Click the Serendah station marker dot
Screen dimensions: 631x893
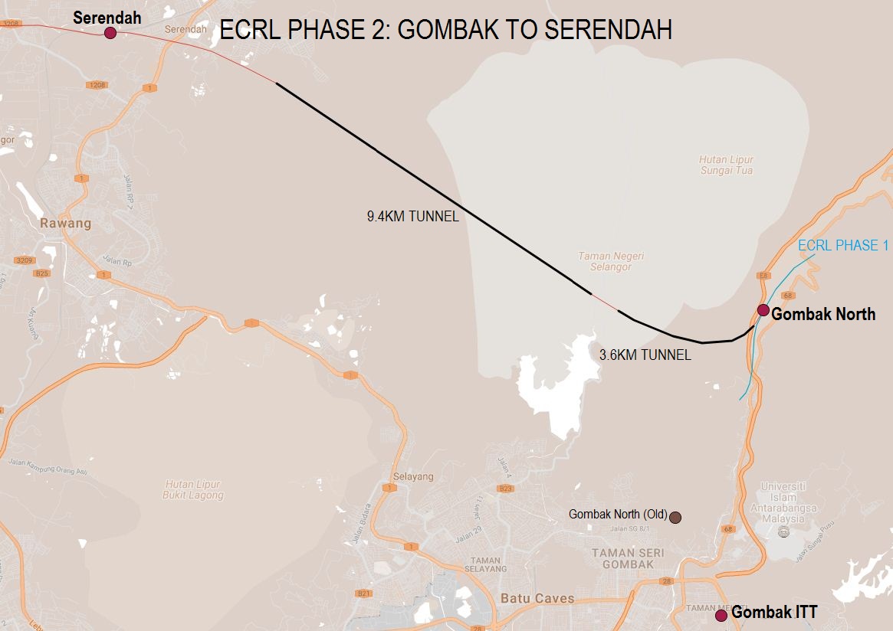[110, 32]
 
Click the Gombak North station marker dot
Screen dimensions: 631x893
[763, 309]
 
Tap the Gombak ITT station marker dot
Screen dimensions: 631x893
[721, 615]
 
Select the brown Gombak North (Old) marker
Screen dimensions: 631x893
[675, 518]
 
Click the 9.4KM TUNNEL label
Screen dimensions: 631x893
[412, 217]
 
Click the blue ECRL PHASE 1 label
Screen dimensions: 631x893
[843, 245]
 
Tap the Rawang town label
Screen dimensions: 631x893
[66, 224]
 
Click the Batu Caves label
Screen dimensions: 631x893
[537, 598]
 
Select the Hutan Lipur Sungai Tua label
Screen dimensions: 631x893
[726, 165]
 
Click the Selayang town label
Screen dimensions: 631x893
[413, 476]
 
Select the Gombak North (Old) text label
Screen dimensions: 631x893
[618, 515]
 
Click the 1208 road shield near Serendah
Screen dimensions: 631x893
[97, 85]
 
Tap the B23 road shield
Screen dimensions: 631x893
[506, 489]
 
